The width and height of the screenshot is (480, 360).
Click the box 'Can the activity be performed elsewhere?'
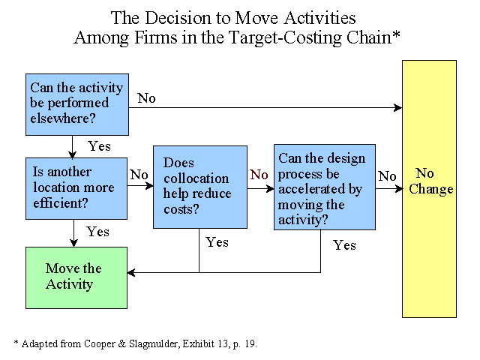point(77,104)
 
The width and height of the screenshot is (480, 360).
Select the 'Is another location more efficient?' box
point(76,188)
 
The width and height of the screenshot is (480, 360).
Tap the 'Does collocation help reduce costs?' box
point(200,187)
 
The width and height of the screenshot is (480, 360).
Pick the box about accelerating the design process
point(325,187)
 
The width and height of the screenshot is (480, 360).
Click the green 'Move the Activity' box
point(76,277)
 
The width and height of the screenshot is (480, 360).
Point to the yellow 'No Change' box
point(429,189)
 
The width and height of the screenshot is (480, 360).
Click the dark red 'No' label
point(259,175)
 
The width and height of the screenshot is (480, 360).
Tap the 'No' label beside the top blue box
point(146,98)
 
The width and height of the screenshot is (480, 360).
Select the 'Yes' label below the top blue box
point(99,146)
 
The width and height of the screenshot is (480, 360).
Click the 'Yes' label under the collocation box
point(217,242)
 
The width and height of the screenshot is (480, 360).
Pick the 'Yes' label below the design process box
point(344,245)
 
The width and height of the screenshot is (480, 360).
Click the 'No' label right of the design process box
point(387,176)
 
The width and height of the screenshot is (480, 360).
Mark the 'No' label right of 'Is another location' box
point(139,175)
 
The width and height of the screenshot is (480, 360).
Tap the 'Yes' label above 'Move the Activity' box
point(97,232)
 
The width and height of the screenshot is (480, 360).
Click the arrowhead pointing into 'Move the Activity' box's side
point(131,272)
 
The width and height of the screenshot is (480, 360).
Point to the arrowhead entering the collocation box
point(149,185)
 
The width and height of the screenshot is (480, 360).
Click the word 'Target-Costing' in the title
point(286,38)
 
